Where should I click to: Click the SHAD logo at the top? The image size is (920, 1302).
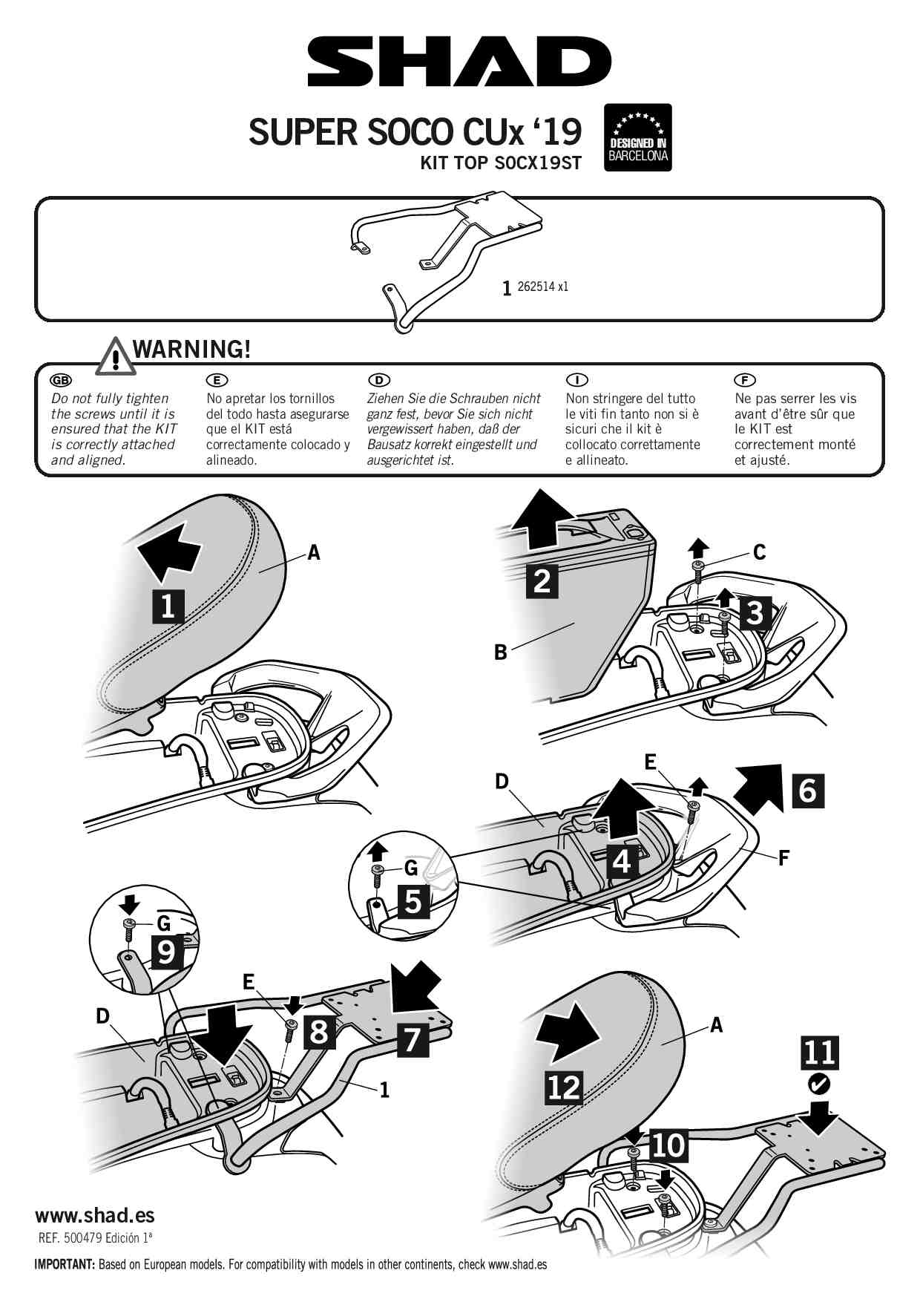[459, 62]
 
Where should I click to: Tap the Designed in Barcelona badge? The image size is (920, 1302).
[638, 137]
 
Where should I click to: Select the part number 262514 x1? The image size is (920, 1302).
[542, 287]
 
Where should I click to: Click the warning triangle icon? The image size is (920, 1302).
[115, 356]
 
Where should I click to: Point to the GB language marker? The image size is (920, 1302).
[60, 380]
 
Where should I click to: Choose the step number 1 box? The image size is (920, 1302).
[168, 606]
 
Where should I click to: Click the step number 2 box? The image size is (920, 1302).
[542, 580]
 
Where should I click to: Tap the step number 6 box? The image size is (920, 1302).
[808, 790]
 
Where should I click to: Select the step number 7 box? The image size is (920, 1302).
[413, 1039]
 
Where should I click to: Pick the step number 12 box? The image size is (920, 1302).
[565, 1087]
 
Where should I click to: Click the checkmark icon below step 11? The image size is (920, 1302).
[818, 1085]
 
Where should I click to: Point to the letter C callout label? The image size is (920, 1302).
[759, 552]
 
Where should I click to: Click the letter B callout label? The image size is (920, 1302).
[501, 652]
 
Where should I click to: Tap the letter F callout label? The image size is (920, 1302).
[783, 859]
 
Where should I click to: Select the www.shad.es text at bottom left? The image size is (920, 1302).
[95, 1215]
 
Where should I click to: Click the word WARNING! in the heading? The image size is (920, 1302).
[191, 349]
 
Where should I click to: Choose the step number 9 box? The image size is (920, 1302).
[167, 951]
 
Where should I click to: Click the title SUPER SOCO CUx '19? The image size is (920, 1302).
[415, 132]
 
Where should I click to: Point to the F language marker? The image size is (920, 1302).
[744, 380]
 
